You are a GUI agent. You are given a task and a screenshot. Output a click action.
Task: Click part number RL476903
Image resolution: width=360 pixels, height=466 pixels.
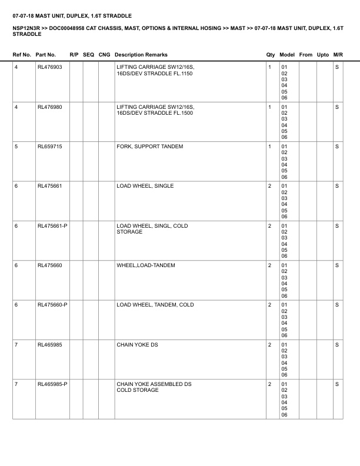[49, 67]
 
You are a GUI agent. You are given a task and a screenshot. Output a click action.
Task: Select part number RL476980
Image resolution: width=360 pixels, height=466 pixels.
[49, 106]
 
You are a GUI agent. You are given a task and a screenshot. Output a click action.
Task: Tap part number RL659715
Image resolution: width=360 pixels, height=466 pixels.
[49, 147]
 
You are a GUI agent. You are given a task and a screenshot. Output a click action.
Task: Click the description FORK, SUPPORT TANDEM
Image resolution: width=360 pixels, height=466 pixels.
[149, 147]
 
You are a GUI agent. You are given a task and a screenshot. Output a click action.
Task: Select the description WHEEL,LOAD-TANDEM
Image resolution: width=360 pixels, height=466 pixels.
[145, 265]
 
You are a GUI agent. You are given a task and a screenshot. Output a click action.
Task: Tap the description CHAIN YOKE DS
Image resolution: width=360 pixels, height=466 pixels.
[137, 345]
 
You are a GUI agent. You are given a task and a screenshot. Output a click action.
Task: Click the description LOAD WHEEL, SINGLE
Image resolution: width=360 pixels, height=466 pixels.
[145, 186]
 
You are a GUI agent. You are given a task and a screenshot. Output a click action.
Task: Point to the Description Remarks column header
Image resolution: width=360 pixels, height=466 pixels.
[141, 55]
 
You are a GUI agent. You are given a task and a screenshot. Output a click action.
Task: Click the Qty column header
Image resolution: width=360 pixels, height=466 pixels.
[270, 55]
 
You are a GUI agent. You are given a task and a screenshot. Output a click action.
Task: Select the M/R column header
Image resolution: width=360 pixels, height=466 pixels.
[338, 55]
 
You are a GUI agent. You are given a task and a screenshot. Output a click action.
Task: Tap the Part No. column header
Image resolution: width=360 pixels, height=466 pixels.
[46, 55]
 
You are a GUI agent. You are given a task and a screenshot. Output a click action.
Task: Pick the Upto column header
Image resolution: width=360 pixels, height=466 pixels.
[322, 55]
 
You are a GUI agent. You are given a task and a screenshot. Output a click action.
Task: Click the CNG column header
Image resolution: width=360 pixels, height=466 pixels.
[104, 55]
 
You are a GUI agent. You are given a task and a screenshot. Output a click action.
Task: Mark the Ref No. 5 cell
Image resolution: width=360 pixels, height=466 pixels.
[16, 147]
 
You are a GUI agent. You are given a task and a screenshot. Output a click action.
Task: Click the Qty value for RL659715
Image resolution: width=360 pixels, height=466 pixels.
[269, 147]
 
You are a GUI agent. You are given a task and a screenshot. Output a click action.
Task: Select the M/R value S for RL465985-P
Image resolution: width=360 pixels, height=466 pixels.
[337, 384]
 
